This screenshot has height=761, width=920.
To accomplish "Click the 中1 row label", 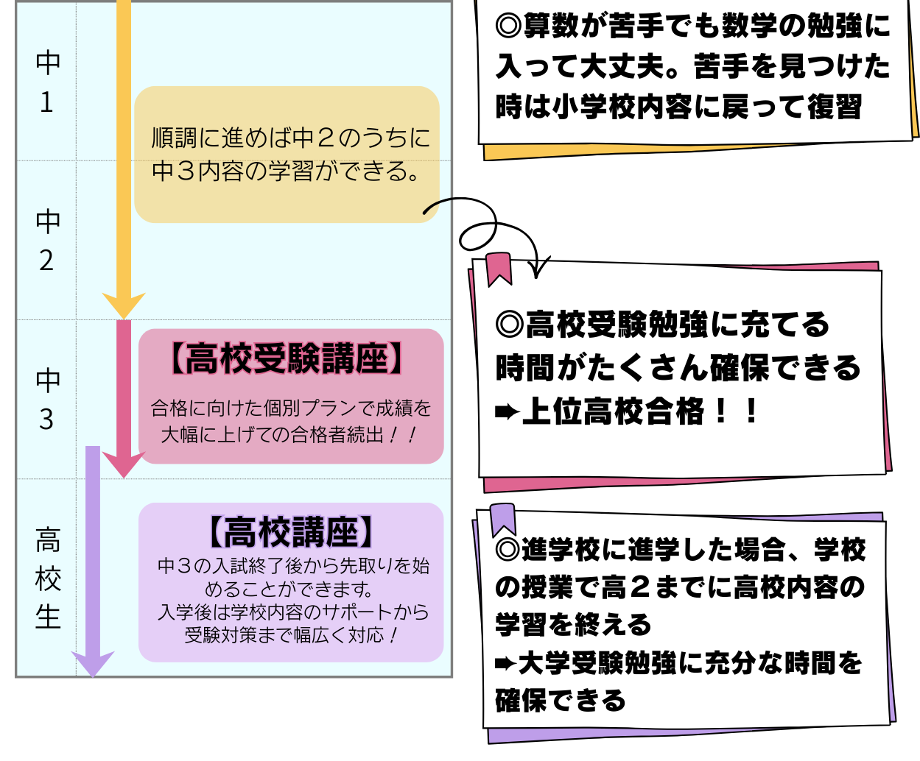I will (x=47, y=82).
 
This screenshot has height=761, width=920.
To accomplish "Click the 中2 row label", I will (x=47, y=241).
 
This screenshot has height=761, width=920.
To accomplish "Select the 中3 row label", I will (x=47, y=400).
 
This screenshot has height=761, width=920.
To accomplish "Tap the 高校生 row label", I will (x=48, y=578).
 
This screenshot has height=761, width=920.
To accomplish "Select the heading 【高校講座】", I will (x=291, y=532).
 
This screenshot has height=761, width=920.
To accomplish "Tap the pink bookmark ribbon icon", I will (x=499, y=269).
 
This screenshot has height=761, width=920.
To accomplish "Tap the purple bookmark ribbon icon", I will (x=503, y=520).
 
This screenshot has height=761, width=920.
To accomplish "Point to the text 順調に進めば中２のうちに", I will (x=290, y=138).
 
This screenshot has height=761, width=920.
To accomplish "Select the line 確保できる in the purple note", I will (x=560, y=700).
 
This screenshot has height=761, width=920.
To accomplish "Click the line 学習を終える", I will (x=573, y=624).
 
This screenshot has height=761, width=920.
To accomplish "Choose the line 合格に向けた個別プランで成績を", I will (x=291, y=408).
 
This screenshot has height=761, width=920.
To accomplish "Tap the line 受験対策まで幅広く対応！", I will (x=291, y=634).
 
